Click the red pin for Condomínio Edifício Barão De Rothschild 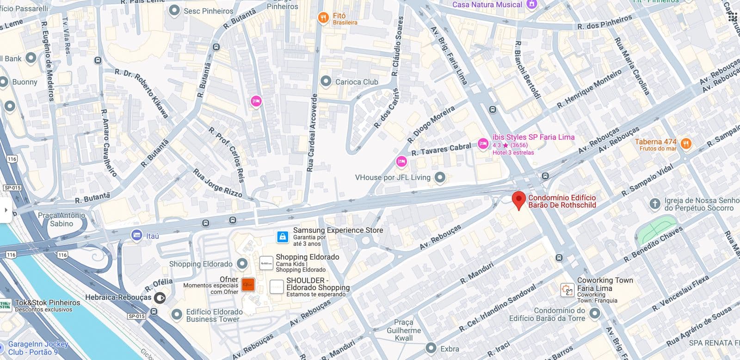point(519,200)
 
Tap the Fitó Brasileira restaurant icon point(323,18)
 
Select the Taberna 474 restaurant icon point(686,143)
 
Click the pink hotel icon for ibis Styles point(483,144)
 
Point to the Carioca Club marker point(326,81)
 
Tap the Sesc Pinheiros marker point(174,10)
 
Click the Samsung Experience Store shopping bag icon point(282,237)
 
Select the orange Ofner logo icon point(248,285)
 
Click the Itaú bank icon point(136,236)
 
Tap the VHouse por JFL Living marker point(440,177)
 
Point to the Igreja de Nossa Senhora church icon point(654,204)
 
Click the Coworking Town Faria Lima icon point(567,290)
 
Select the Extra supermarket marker point(431,348)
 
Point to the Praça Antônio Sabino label point(62,219)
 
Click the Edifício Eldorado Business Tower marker point(176,315)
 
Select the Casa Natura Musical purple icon point(532,4)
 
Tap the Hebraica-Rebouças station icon point(160,298)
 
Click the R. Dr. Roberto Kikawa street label point(142,93)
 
